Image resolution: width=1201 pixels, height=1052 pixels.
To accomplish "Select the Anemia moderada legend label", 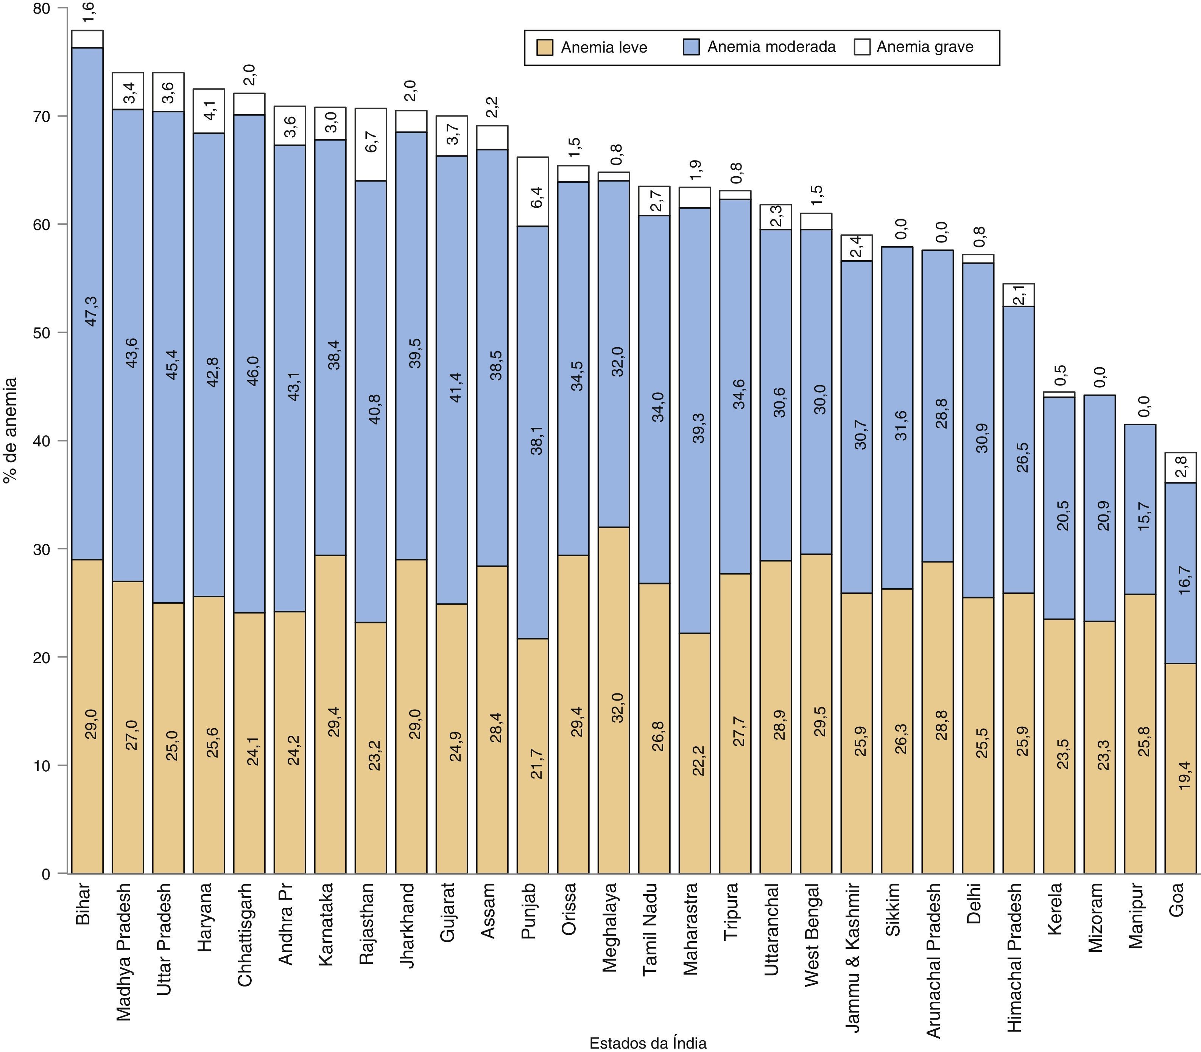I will pos(771,47).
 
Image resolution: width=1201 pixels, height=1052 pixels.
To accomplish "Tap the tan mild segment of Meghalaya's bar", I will pos(614,699).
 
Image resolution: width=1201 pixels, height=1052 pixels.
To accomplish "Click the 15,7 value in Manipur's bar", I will pos(1143,517).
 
